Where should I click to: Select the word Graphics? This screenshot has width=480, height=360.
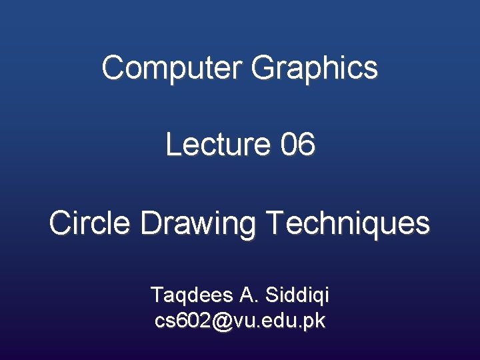click(315, 67)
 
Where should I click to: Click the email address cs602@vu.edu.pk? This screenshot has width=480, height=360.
click(240, 321)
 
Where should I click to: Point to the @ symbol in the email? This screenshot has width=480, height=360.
click(223, 321)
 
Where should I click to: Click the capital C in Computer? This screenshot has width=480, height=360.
click(113, 67)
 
